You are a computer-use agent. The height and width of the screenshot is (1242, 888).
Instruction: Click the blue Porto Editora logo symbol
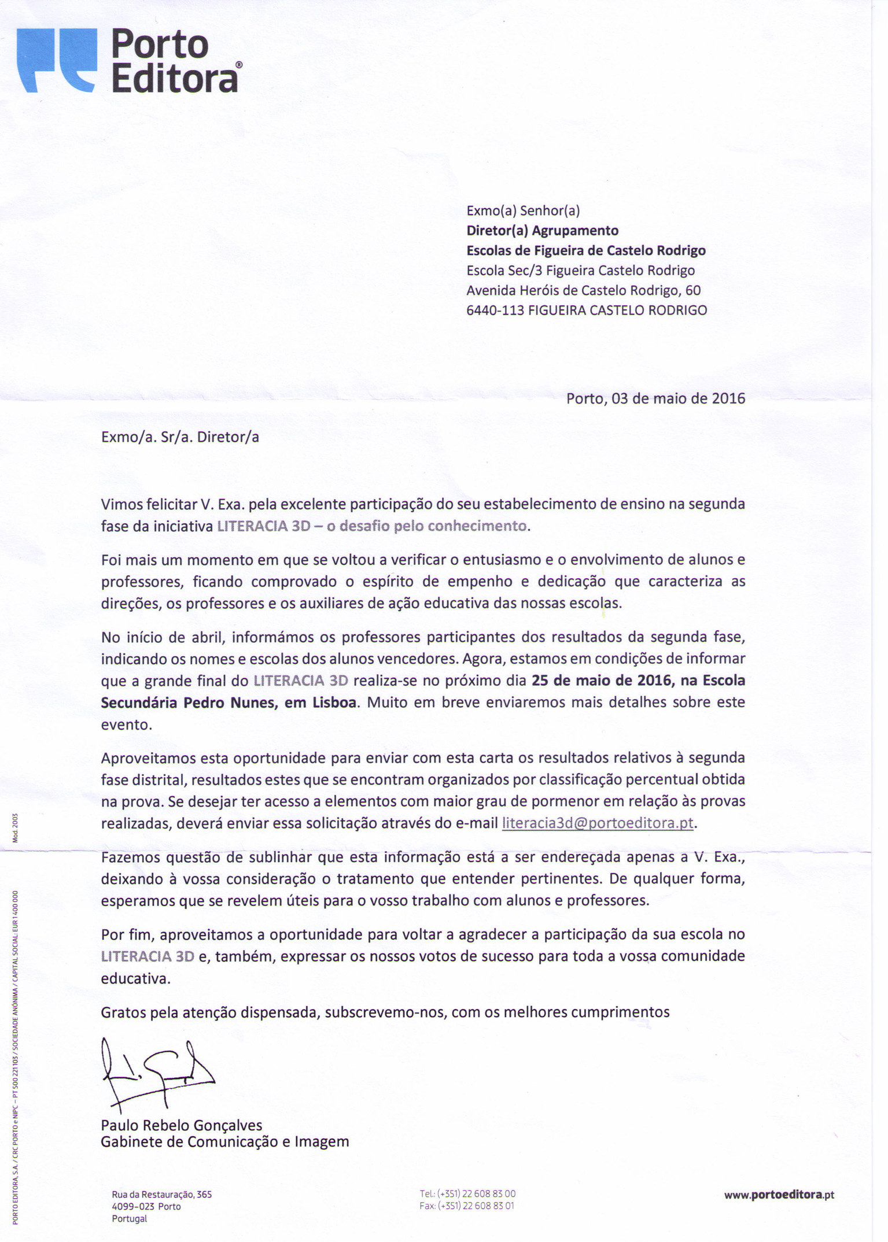click(x=57, y=60)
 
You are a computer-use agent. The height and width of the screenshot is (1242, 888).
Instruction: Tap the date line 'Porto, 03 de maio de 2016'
click(x=655, y=398)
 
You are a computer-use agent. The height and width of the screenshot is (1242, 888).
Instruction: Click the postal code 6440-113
click(x=495, y=310)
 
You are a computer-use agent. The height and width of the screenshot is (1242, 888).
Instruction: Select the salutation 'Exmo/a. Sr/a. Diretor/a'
click(x=180, y=437)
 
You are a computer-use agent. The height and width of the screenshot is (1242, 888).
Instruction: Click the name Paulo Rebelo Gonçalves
click(x=181, y=1125)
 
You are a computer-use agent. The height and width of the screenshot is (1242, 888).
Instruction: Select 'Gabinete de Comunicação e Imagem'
click(x=224, y=1141)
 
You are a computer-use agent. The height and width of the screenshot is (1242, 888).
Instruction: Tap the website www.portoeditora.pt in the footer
click(x=779, y=1195)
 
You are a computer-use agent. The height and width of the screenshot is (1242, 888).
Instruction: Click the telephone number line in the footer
click(x=467, y=1193)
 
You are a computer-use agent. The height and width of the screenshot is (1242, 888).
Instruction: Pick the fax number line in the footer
click(x=467, y=1206)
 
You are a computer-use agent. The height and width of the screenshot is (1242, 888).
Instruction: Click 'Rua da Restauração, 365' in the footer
click(x=162, y=1194)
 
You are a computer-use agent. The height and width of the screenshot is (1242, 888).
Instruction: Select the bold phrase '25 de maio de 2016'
click(x=602, y=680)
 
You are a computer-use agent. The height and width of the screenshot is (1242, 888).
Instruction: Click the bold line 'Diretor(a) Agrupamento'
click(x=542, y=231)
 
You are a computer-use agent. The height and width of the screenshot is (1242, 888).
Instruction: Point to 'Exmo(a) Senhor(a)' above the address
click(x=523, y=210)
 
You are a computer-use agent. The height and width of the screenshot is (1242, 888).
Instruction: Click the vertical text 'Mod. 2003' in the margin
click(x=16, y=827)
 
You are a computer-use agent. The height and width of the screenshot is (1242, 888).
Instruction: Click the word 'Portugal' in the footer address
click(x=130, y=1218)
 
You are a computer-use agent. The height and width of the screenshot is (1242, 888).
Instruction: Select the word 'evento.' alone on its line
click(x=127, y=724)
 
